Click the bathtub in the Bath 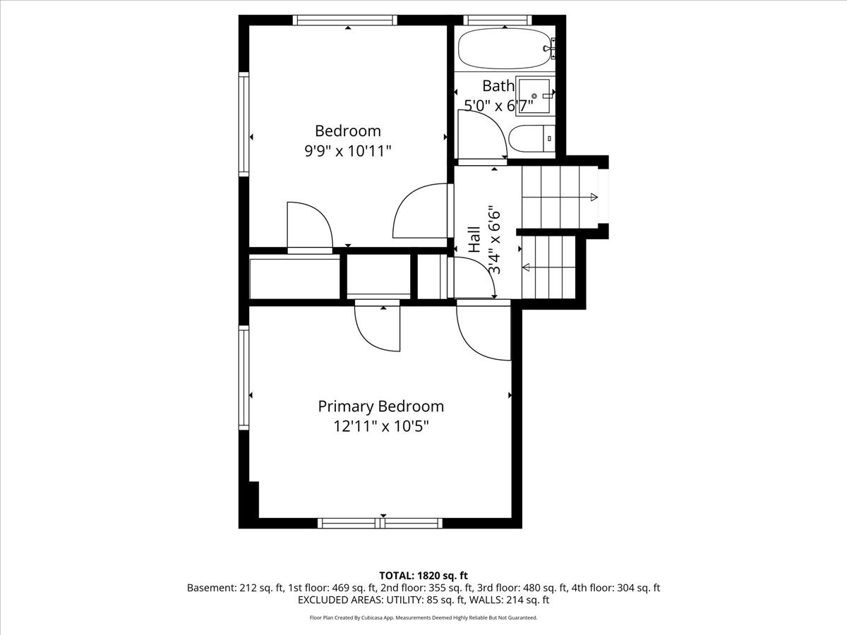[505, 49]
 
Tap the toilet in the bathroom [531, 138]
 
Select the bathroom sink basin [534, 96]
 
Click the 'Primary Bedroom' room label [381, 407]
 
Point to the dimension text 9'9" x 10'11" [348, 151]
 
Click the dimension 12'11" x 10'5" [381, 427]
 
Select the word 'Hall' [474, 239]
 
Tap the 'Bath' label [498, 86]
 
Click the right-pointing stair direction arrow [560, 198]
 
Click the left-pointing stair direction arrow [548, 267]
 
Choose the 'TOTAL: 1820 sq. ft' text [423, 576]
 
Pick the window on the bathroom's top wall [498, 20]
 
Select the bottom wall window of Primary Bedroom [380, 524]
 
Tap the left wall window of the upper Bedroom [244, 124]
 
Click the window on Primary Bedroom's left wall [244, 378]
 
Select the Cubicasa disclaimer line [423, 617]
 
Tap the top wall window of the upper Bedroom [345, 20]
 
